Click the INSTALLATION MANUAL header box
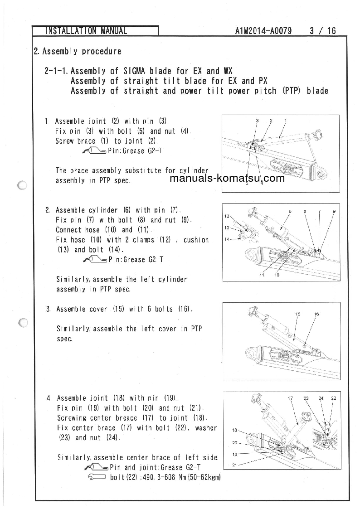tap(95, 31)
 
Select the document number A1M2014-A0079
tap(263, 31)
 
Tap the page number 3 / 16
tap(323, 31)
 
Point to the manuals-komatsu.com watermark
tap(227, 178)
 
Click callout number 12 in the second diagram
tap(227, 216)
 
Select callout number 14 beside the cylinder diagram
tap(227, 239)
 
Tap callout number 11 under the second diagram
tap(262, 275)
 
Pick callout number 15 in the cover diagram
tap(298, 314)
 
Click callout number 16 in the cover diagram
tap(316, 314)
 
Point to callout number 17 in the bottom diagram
tap(291, 398)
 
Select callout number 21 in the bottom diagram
tap(235, 465)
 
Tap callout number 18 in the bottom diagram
tap(235, 430)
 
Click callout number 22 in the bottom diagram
tap(334, 398)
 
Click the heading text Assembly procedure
tap(82, 51)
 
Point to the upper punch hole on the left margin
tap(21, 185)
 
